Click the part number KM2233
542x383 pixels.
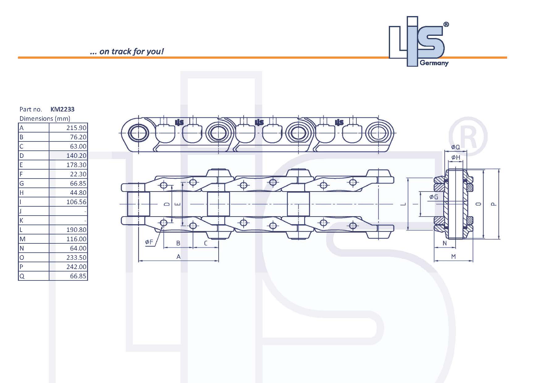pos(62,109)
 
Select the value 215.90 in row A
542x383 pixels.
pos(76,128)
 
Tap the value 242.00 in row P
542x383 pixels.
pos(76,267)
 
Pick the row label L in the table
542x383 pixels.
pos(21,230)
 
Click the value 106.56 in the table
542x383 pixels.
pos(76,202)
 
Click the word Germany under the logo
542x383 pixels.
pos(434,63)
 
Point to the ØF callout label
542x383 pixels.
pos(149,242)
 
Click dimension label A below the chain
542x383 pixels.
pos(178,256)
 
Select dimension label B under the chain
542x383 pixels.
pos(178,243)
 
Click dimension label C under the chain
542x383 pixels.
pos(206,243)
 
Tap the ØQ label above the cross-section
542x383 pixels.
pos(455,147)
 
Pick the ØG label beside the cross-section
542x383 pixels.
pos(434,197)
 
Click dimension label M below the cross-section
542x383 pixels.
pos(453,256)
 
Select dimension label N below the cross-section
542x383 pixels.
pos(445,243)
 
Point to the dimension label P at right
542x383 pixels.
pos(494,204)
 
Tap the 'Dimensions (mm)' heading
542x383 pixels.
pos(45,119)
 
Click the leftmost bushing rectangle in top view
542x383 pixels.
pos(138,204)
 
